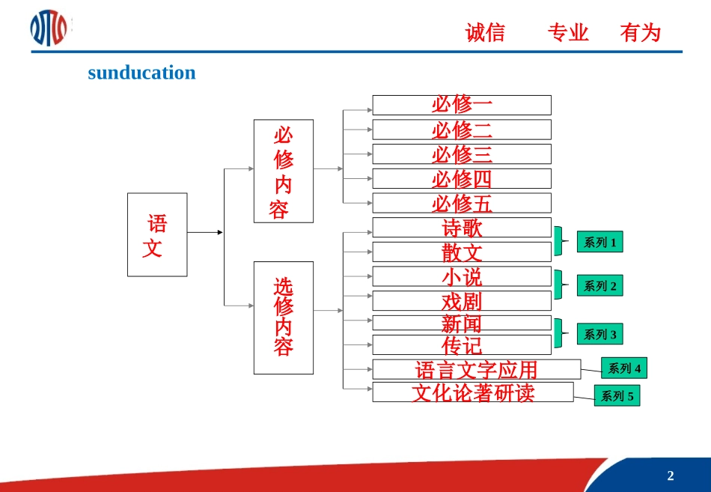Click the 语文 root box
click(x=157, y=234)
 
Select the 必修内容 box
click(x=284, y=171)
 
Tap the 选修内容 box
click(x=284, y=318)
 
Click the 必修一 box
click(x=462, y=105)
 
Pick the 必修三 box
click(x=462, y=154)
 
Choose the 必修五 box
click(x=462, y=203)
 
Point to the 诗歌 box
click(x=462, y=228)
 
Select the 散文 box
click(x=462, y=252)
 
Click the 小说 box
click(x=462, y=276)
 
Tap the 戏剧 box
click(x=462, y=301)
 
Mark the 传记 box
click(x=462, y=345)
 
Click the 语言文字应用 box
click(x=476, y=369)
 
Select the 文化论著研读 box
click(x=473, y=392)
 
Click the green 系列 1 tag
click(x=599, y=242)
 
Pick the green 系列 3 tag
click(x=599, y=334)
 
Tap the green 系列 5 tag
click(x=617, y=395)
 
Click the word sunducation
click(x=141, y=73)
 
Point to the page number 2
click(x=670, y=476)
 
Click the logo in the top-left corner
click(x=49, y=28)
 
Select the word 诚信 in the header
click(x=485, y=33)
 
